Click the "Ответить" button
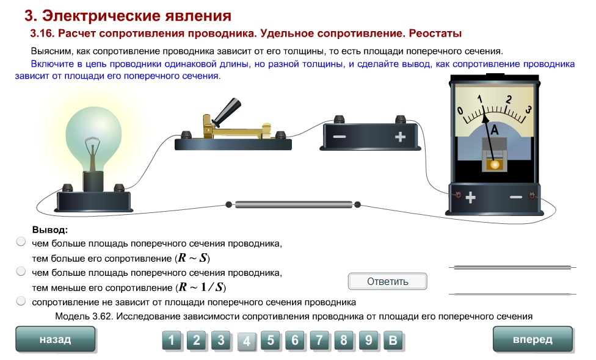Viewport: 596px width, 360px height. (x=387, y=281)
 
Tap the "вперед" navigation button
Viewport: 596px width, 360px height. (x=532, y=339)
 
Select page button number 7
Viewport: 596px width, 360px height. (x=319, y=340)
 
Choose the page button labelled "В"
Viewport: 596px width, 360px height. (x=393, y=340)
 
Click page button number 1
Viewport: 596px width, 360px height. (x=172, y=340)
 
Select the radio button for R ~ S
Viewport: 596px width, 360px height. (x=21, y=242)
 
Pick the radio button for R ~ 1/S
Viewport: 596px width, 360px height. (x=21, y=271)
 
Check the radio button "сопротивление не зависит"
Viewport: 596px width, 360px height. (x=21, y=301)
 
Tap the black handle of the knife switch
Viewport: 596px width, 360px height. (x=227, y=112)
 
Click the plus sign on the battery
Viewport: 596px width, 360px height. (x=400, y=137)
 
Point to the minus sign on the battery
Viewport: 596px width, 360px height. (x=340, y=137)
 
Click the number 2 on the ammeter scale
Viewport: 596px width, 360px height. (x=509, y=99)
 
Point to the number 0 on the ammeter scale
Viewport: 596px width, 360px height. (x=460, y=111)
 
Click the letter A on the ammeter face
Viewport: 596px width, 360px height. (x=495, y=130)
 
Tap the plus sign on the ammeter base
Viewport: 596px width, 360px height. (x=471, y=198)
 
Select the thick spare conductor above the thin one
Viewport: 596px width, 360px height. (x=512, y=267)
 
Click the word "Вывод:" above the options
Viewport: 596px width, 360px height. (x=50, y=230)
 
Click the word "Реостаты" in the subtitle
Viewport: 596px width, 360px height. (x=435, y=34)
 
